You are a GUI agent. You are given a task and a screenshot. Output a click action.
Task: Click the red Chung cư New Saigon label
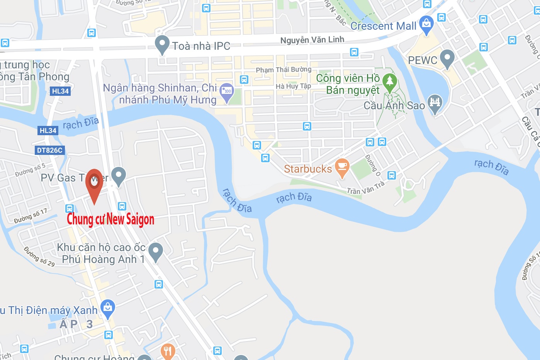110,219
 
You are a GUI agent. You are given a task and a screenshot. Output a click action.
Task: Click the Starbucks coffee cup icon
342,167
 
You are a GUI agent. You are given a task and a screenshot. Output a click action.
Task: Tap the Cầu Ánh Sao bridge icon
435,103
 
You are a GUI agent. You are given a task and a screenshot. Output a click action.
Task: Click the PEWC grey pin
447,58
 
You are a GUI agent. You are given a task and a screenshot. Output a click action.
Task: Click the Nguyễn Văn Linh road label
312,40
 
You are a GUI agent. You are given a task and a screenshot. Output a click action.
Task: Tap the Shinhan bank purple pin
227,92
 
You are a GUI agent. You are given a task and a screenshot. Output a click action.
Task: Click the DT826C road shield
49,150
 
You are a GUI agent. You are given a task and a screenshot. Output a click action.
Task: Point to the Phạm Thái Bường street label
284,70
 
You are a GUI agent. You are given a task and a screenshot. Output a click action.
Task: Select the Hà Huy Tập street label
293,86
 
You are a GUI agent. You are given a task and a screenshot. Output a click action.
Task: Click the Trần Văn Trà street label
365,188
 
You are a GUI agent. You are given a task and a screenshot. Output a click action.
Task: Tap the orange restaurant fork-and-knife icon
168,351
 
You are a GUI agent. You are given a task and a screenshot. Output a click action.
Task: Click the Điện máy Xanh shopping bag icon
108,308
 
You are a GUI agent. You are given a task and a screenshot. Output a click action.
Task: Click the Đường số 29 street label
39,256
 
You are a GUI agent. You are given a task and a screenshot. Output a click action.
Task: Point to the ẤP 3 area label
76,324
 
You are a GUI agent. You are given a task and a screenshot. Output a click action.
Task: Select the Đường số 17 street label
31,216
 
